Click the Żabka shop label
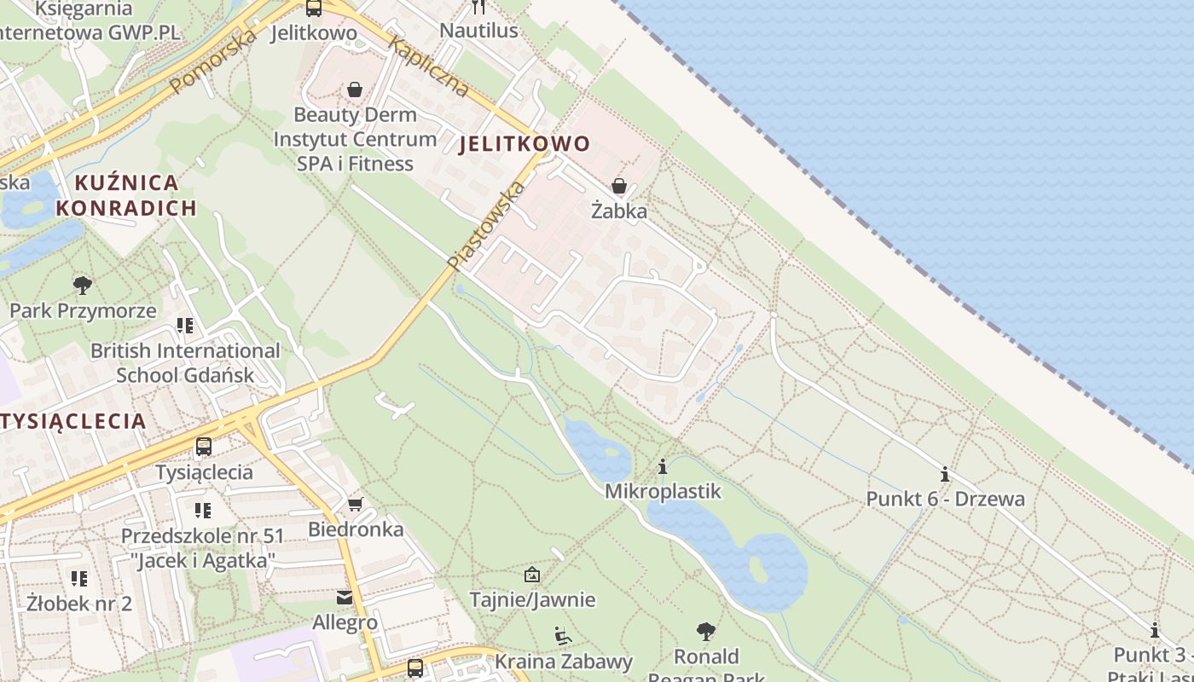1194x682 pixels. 619,211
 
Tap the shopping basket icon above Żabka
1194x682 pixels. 619,186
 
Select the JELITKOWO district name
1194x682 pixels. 525,143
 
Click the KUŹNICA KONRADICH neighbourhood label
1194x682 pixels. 126,194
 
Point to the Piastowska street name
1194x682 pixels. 485,225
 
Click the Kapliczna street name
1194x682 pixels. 428,66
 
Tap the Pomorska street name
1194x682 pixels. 213,61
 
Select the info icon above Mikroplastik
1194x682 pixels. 663,466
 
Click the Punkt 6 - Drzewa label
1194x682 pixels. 945,499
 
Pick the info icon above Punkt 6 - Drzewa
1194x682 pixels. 945,474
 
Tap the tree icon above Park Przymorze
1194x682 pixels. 83,285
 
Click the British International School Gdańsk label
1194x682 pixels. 185,362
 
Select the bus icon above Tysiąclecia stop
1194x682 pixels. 203,446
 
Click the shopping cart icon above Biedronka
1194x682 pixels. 356,505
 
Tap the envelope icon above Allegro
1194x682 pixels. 345,598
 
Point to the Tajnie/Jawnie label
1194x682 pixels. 532,599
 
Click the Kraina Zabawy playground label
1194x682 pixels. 564,661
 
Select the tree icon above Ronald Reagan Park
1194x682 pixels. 705,632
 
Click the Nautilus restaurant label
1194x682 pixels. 478,31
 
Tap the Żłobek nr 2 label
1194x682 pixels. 79,604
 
